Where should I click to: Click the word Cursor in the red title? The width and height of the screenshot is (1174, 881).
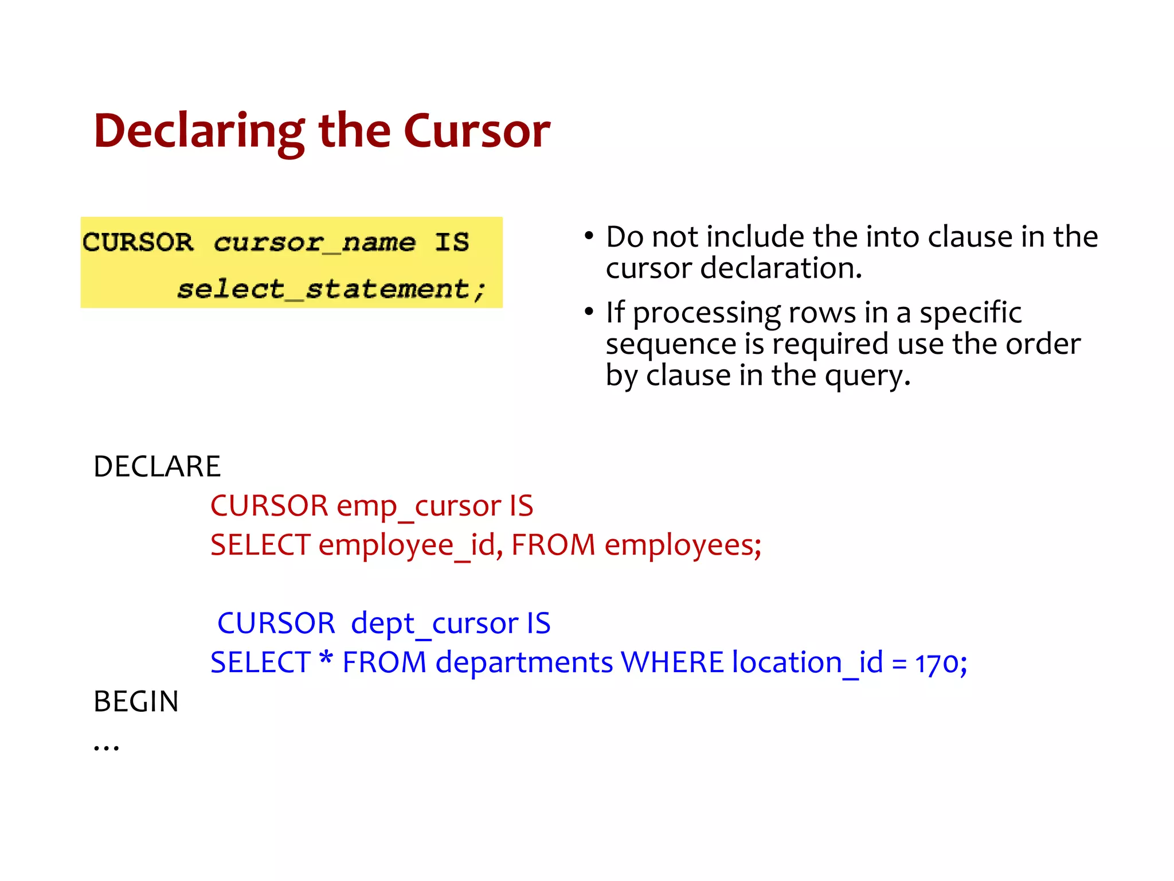click(x=476, y=131)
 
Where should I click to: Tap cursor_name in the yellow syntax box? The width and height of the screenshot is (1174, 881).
click(x=314, y=243)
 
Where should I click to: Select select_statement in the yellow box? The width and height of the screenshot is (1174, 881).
click(x=331, y=289)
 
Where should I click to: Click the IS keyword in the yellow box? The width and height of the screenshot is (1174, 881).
click(x=452, y=242)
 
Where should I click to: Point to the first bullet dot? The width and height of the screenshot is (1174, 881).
click(x=589, y=236)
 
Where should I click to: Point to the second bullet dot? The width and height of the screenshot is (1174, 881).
click(x=589, y=312)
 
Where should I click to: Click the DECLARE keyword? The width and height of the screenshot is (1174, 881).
click(x=156, y=466)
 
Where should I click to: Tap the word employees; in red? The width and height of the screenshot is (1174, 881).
click(x=683, y=545)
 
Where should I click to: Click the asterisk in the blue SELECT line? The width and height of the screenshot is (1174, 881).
click(x=326, y=658)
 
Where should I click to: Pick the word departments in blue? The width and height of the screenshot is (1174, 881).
click(x=524, y=662)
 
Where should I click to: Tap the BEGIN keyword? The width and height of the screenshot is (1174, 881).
click(x=136, y=701)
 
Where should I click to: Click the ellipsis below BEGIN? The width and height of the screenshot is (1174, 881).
click(x=107, y=746)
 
